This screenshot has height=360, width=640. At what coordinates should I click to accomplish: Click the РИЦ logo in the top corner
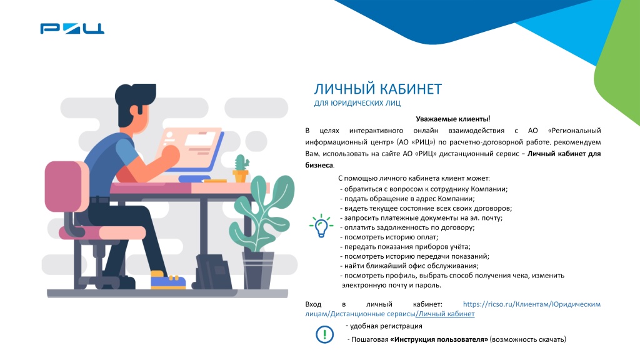tap(72, 28)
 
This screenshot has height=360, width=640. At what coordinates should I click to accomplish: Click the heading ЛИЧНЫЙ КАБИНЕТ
tap(377, 89)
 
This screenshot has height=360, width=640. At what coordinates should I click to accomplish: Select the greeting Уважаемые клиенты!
tap(452, 119)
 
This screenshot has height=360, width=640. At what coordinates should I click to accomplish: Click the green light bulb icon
tap(321, 226)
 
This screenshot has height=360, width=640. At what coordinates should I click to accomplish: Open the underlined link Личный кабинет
tap(446, 314)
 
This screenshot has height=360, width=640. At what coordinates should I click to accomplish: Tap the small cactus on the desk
tap(240, 167)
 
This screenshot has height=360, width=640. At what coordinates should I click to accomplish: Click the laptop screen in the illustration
tap(194, 143)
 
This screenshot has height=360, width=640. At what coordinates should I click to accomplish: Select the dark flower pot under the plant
tap(258, 268)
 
